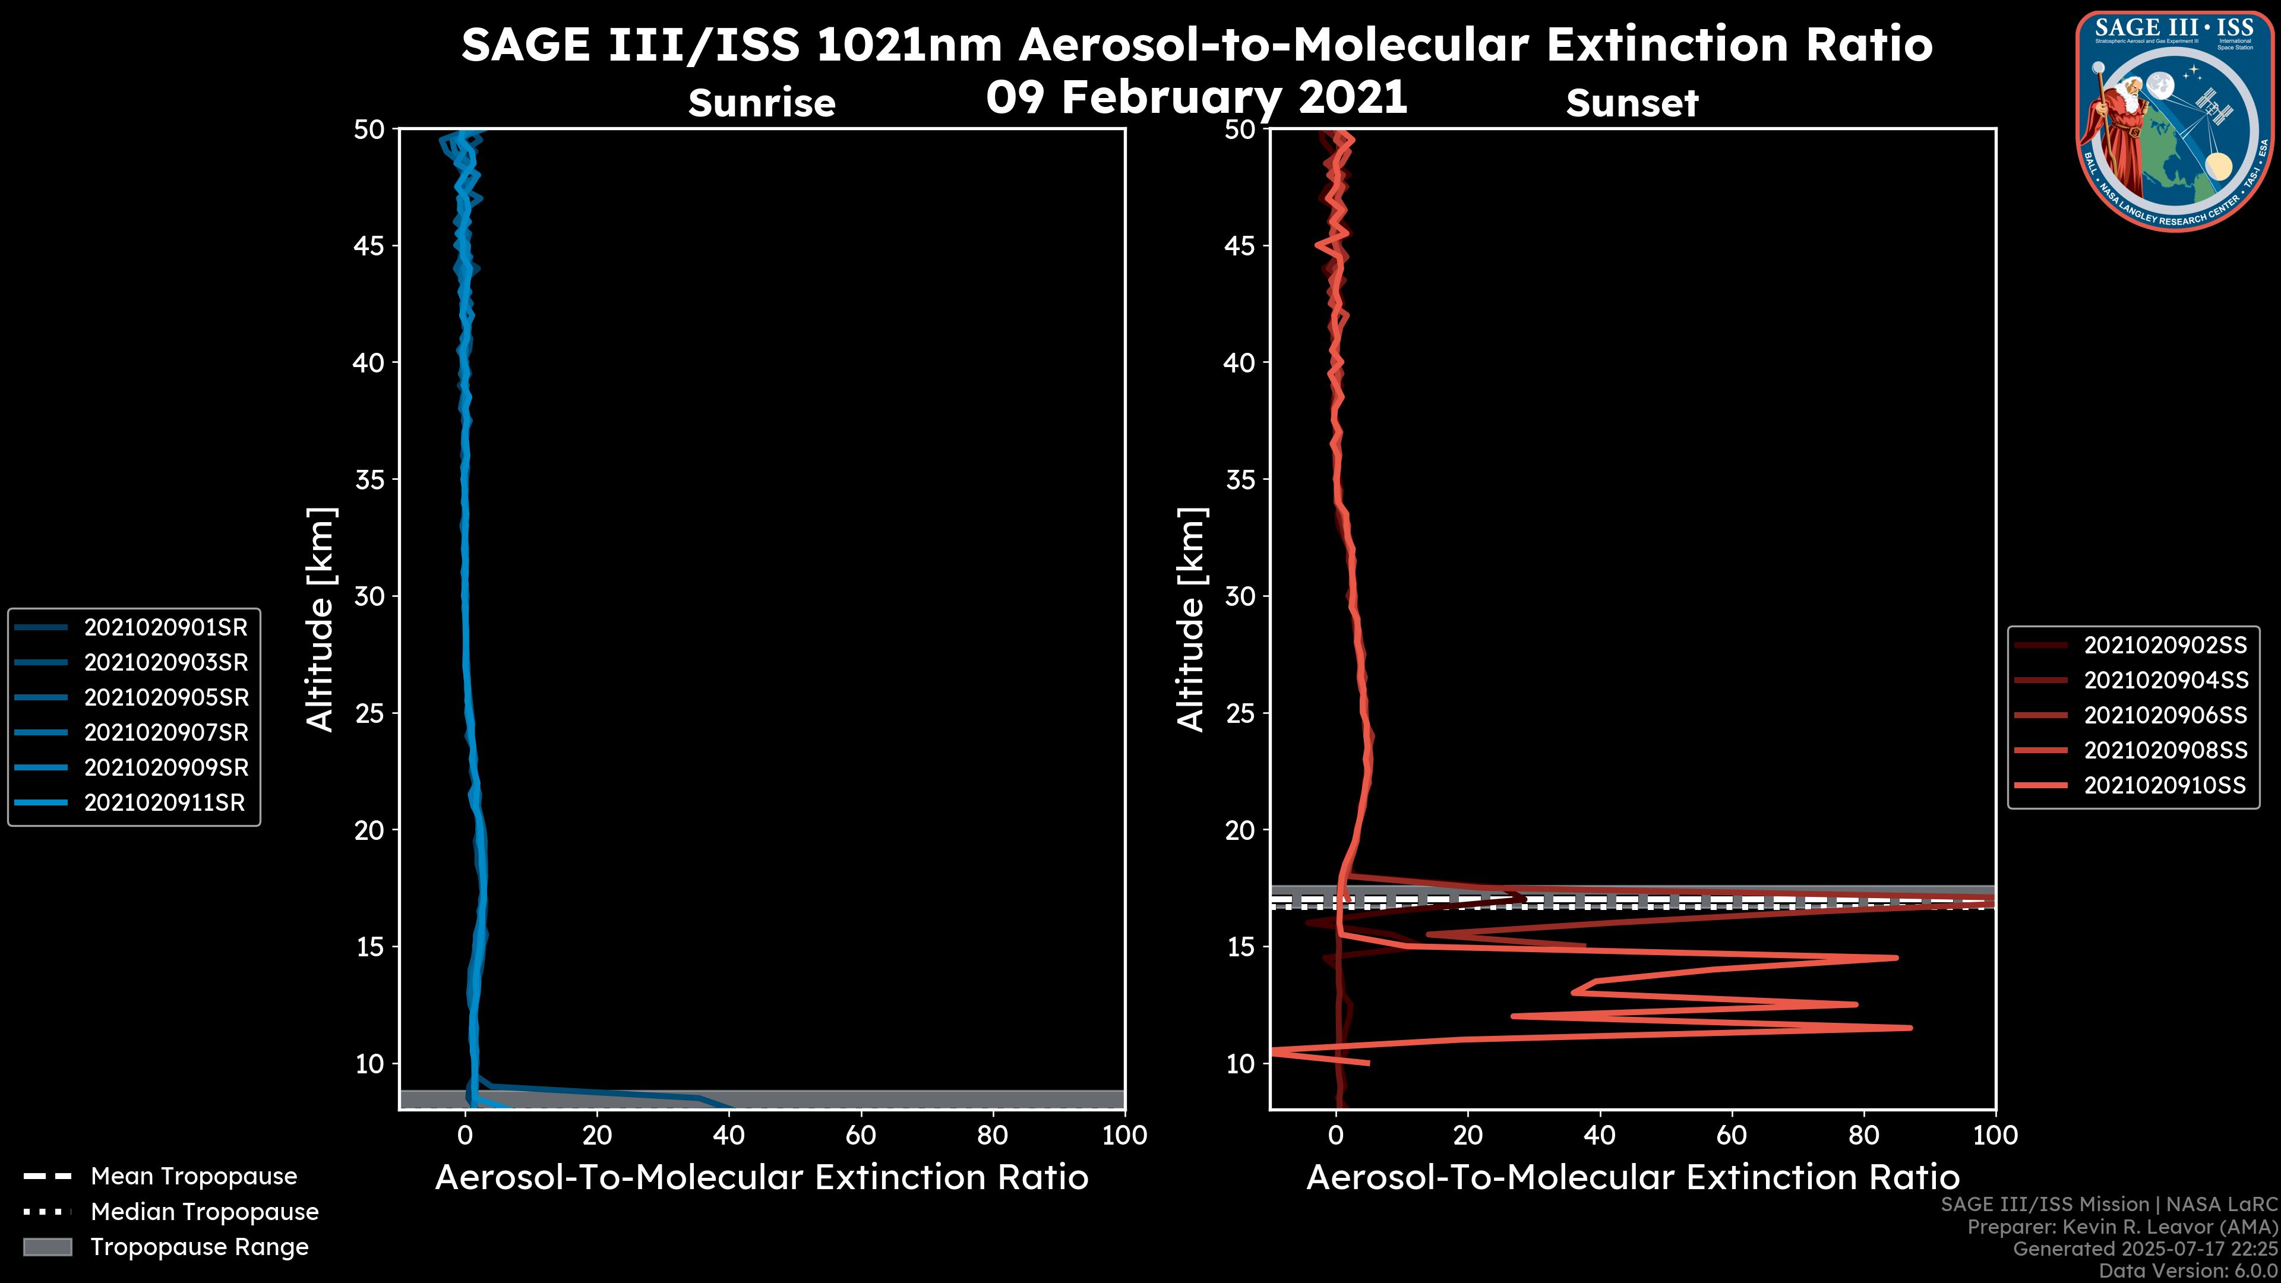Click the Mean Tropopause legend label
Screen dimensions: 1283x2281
194,1177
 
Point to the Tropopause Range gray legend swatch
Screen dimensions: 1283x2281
48,1247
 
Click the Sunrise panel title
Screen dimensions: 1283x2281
762,103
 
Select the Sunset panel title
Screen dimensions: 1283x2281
1632,103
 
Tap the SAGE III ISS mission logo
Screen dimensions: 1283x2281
2175,121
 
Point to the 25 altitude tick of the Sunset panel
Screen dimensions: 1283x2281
1240,713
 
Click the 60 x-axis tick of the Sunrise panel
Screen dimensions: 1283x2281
861,1135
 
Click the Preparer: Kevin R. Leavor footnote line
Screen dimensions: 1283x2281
2122,1227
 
